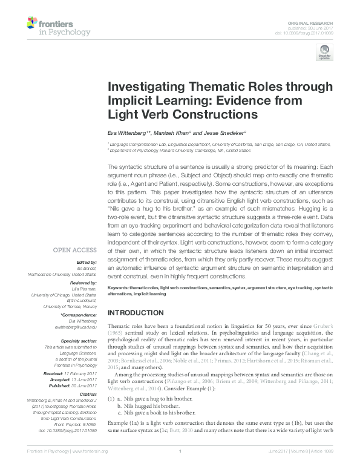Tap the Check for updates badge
(x=324, y=55)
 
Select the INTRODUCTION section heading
(x=136, y=312)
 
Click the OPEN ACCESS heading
(x=75, y=249)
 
